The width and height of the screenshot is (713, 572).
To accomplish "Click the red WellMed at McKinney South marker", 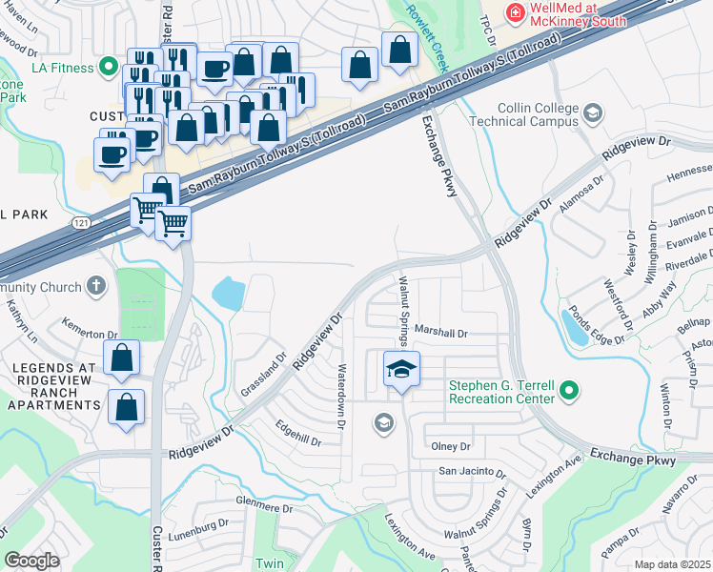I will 515,11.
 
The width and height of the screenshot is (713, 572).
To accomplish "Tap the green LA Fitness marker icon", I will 108,68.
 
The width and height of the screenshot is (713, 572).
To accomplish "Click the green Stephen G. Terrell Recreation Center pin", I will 569,391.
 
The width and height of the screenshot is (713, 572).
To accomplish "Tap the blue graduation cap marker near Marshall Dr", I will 402,368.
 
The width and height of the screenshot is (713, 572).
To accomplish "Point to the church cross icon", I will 95,284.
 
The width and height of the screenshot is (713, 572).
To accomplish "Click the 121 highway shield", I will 81,222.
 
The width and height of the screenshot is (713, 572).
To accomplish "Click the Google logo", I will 31,561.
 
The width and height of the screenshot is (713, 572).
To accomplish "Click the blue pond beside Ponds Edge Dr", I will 576,327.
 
